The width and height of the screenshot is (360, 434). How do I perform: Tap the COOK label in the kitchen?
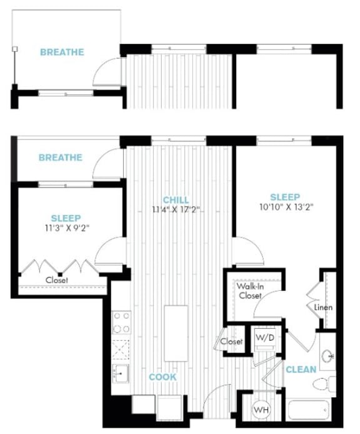[162, 377]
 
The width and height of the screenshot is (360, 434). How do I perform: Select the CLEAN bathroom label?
[301, 370]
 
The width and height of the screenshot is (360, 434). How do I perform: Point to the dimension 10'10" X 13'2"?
[284, 207]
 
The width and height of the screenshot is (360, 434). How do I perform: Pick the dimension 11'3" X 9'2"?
[66, 228]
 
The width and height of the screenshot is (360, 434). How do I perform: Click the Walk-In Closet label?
[249, 291]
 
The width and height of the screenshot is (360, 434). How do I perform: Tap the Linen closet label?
[323, 308]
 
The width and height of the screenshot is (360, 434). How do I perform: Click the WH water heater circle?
[261, 410]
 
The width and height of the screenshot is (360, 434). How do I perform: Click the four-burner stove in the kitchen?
[121, 323]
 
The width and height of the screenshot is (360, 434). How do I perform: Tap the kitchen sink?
[121, 373]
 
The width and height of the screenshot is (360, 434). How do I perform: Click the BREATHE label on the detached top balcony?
[62, 53]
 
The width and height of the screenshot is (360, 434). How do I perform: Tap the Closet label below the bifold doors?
[57, 280]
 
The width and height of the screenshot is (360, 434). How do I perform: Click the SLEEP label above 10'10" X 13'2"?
[284, 196]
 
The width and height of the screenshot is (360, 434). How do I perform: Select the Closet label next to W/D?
[231, 342]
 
